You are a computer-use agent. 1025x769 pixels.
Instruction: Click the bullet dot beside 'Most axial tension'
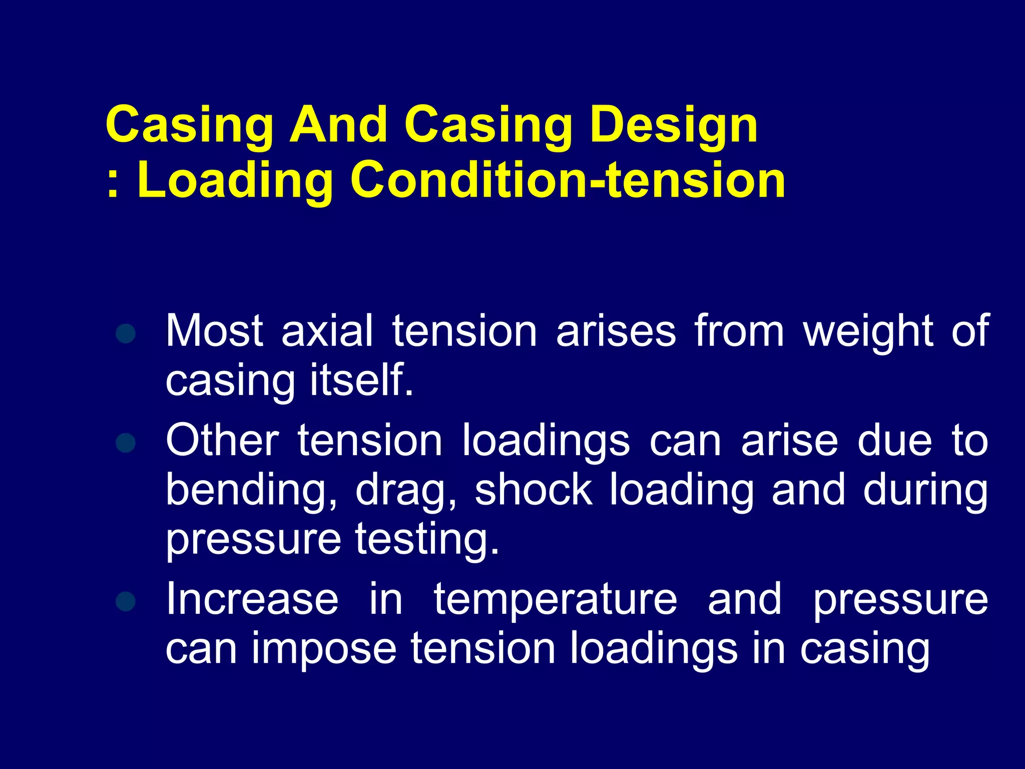(125, 333)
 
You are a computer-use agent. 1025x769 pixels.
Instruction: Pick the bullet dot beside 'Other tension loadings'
(125, 443)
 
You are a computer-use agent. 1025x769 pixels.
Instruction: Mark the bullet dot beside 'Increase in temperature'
(125, 601)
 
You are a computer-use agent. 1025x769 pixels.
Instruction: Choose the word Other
(222, 440)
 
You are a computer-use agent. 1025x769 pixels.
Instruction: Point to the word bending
(251, 491)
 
